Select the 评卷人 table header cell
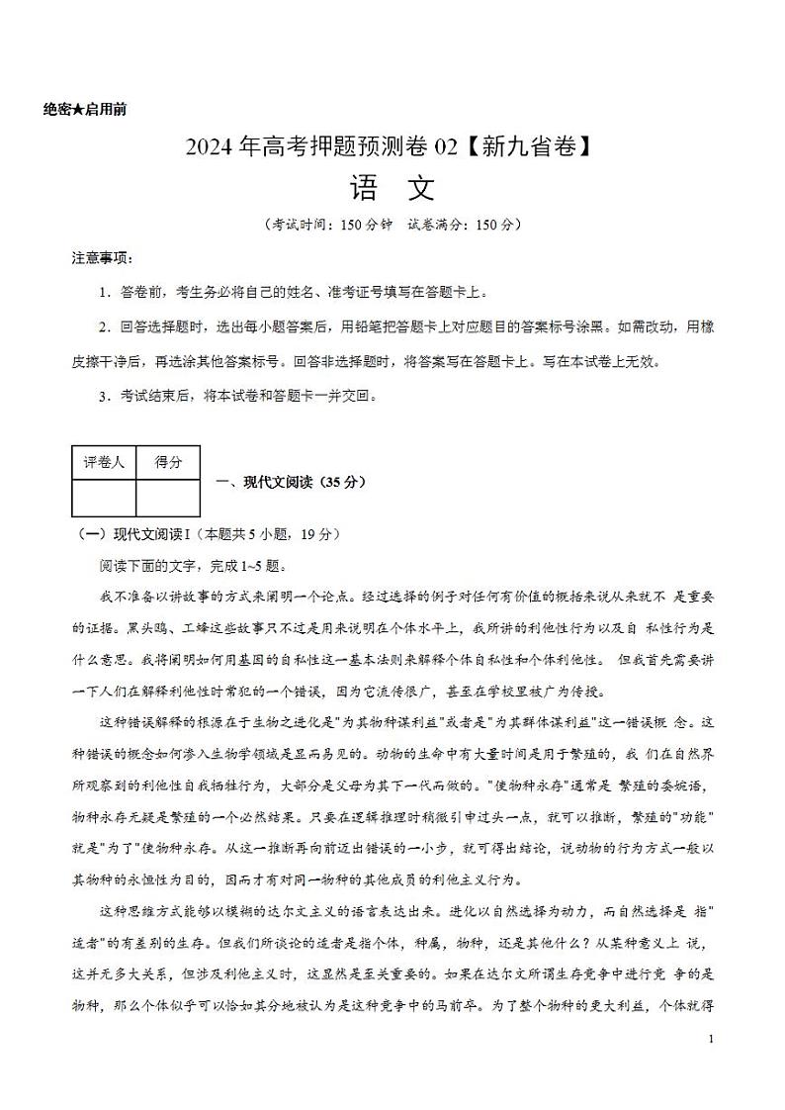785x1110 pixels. (104, 462)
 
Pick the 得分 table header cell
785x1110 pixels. (167, 462)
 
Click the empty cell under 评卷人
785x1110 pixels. (104, 498)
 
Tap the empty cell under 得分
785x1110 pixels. (167, 498)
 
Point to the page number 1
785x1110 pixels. (712, 1040)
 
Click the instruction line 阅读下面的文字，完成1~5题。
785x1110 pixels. (191, 566)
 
